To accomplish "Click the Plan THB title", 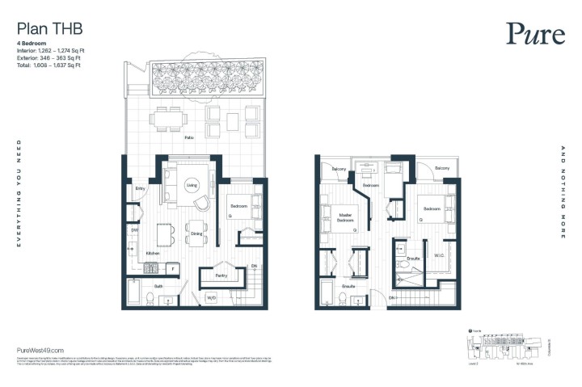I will pyautogui.click(x=49, y=29).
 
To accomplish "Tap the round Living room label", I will pyautogui.click(x=192, y=185).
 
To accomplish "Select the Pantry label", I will pyautogui.click(x=220, y=276).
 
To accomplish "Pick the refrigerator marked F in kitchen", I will pyautogui.click(x=172, y=267).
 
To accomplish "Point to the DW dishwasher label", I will pyautogui.click(x=134, y=230).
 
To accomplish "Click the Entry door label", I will pyautogui.click(x=140, y=189).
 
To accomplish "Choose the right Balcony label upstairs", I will pyautogui.click(x=441, y=168).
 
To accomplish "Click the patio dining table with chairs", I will pyautogui.click(x=168, y=119).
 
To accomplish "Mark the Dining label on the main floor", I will pyautogui.click(x=196, y=235).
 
